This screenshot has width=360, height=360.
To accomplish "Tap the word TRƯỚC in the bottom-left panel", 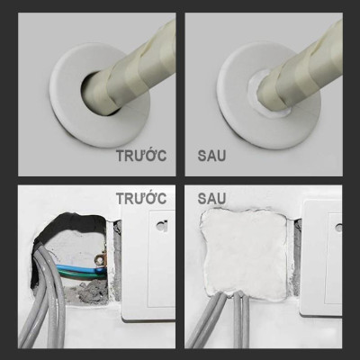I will [141, 197].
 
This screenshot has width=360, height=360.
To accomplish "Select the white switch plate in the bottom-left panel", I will [148, 270].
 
